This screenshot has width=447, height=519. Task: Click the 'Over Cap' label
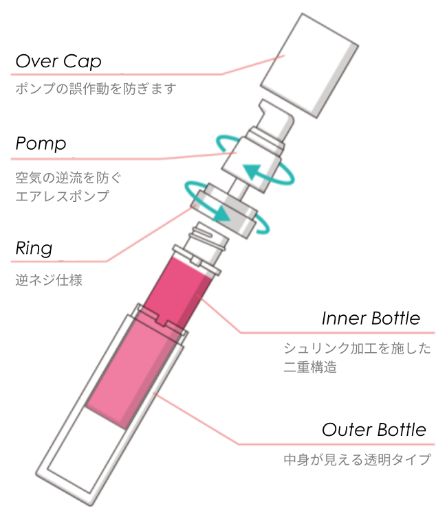58,62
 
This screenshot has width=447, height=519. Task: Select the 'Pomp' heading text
41,144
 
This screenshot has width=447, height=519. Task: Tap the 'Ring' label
34,248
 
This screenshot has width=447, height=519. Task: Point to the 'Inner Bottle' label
371,319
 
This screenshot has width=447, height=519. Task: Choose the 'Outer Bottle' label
374,430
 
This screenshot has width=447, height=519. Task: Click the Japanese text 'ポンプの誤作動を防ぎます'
96,89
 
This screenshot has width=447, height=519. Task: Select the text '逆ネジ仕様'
49,280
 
